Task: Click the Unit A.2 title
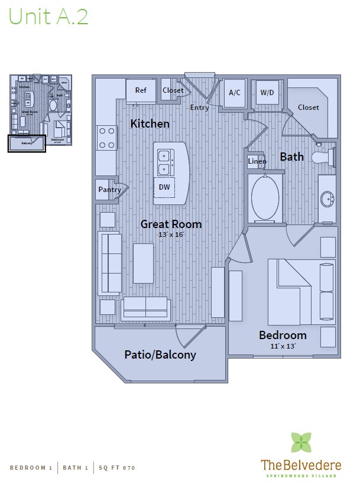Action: tap(48, 17)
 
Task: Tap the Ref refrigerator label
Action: tap(141, 90)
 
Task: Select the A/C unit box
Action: tap(235, 93)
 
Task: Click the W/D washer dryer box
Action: tap(267, 92)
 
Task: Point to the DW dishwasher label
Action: tap(164, 187)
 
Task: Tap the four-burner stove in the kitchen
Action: tap(106, 138)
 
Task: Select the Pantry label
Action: tap(109, 190)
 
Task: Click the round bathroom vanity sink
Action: tap(326, 200)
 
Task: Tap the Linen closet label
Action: tap(257, 161)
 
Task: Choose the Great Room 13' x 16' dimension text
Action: tap(171, 235)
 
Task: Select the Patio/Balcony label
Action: tap(160, 354)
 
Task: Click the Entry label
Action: tap(199, 108)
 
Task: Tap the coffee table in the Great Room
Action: tap(144, 263)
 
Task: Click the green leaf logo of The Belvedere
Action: tap(301, 443)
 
